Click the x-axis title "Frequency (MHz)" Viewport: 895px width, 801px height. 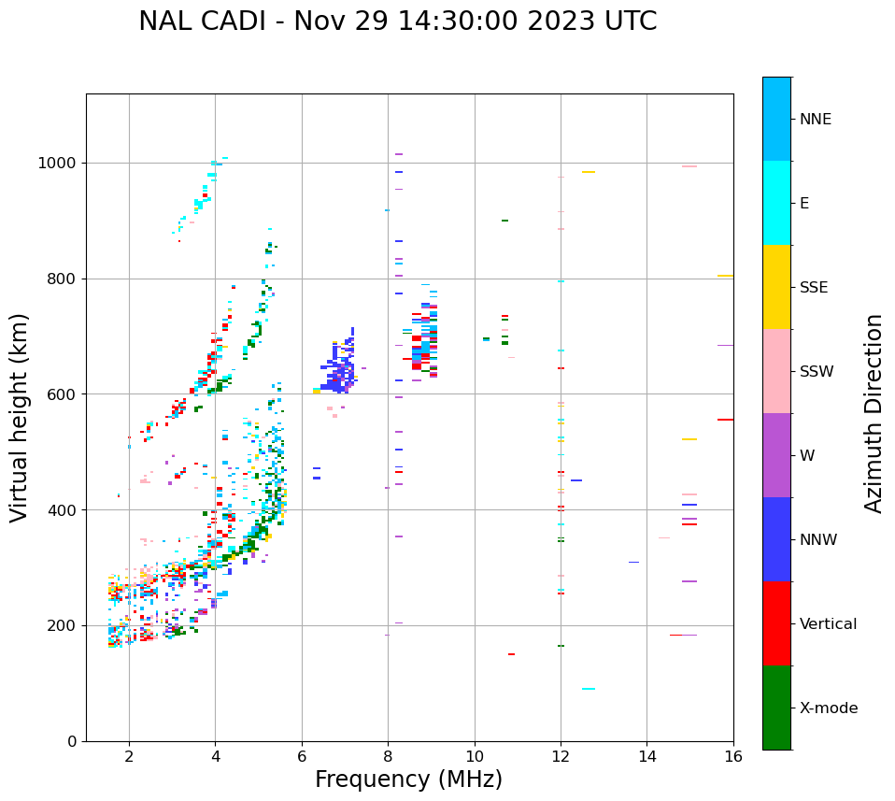(408, 780)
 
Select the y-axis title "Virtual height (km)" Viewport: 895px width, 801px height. (20, 418)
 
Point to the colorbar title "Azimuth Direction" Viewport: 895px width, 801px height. (874, 413)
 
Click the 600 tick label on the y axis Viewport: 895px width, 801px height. (62, 394)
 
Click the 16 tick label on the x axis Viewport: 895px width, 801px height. (733, 756)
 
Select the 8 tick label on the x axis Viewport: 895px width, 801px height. (388, 756)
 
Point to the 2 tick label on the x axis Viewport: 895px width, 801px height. (129, 756)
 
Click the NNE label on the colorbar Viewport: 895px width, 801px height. (816, 120)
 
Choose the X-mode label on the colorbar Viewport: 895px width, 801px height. (829, 708)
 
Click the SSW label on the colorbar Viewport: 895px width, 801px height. (817, 372)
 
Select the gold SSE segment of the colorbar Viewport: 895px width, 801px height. (776, 287)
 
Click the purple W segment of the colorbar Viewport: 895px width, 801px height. (776, 455)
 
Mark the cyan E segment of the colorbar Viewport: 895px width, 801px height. (776, 203)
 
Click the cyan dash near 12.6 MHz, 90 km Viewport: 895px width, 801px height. (589, 689)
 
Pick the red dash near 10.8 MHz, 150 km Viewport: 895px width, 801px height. (511, 654)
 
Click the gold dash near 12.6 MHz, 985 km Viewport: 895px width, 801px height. (589, 172)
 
